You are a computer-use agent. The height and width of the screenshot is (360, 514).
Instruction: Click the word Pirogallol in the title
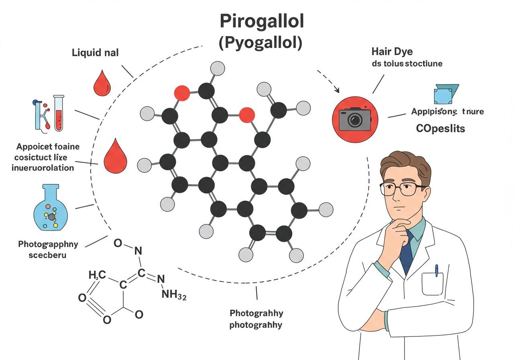click(x=261, y=22)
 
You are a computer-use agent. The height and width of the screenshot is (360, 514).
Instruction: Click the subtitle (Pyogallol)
click(x=260, y=43)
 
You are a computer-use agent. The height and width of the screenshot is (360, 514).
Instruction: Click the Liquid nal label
click(x=95, y=53)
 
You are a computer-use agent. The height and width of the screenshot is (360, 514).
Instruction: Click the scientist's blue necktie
click(x=407, y=252)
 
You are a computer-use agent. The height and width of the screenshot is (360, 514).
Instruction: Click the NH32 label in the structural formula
click(x=173, y=295)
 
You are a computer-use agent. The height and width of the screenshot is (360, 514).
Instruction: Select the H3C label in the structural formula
click(x=97, y=275)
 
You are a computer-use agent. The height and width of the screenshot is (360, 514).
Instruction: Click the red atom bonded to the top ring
click(x=182, y=93)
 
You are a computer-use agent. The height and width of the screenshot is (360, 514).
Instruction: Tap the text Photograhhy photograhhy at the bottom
click(x=256, y=319)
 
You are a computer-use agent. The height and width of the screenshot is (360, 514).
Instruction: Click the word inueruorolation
click(x=43, y=168)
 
